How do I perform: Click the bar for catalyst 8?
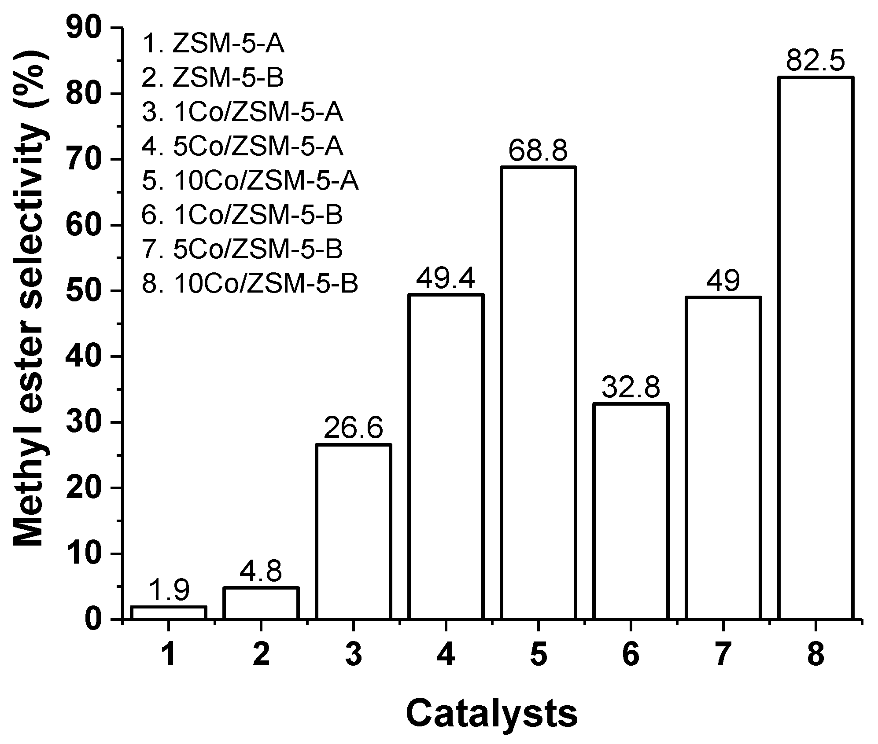[815, 348]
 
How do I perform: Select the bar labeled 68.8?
[538, 392]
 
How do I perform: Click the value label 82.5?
[815, 62]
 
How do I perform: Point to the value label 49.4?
[446, 279]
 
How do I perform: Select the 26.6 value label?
[353, 429]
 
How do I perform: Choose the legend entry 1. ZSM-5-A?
[214, 44]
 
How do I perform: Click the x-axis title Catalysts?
[491, 715]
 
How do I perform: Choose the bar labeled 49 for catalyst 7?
[723, 458]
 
